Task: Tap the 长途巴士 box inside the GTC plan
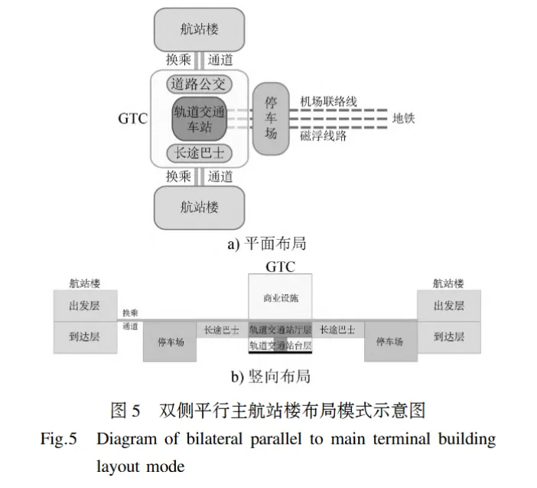tap(198, 152)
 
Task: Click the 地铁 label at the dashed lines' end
tap(403, 118)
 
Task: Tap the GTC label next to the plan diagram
tap(133, 119)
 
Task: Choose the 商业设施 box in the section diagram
tap(280, 297)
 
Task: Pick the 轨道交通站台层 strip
tap(280, 346)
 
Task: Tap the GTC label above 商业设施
tap(280, 267)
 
